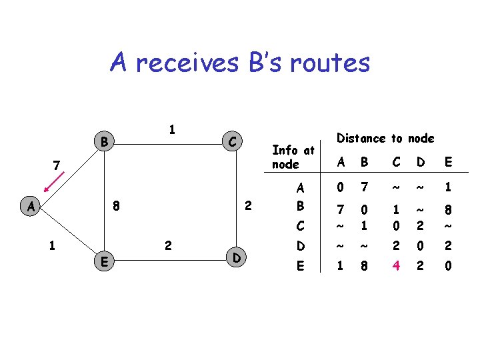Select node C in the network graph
(231, 141)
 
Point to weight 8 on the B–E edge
(116, 206)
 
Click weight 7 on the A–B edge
(58, 163)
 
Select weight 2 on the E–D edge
(168, 246)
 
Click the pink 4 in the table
(396, 267)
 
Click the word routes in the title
(326, 63)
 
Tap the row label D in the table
(300, 246)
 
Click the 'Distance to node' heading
(385, 139)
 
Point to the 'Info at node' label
(293, 157)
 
